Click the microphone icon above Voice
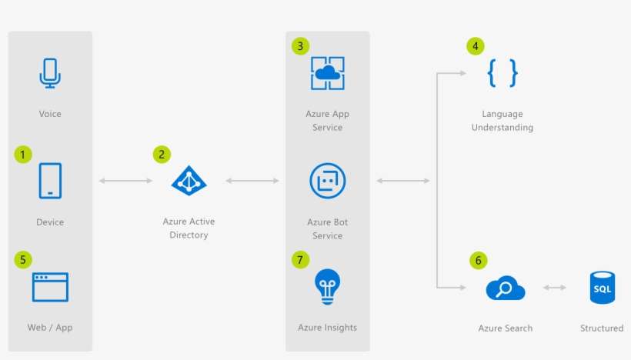(x=50, y=74)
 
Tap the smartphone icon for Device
(x=50, y=181)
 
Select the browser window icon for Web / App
(x=50, y=287)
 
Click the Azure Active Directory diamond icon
(x=189, y=181)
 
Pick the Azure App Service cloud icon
(x=327, y=73)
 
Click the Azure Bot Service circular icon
(x=327, y=181)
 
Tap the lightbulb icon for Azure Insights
(x=327, y=286)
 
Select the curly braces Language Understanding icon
(x=502, y=74)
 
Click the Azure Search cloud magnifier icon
(x=505, y=289)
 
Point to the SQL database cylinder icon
(x=602, y=288)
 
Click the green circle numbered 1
(x=23, y=155)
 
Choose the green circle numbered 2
(x=162, y=155)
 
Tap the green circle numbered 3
(x=300, y=46)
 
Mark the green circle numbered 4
(x=476, y=46)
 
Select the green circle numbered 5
(x=23, y=260)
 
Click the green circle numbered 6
(x=478, y=261)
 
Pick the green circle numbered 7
(x=300, y=260)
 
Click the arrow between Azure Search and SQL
(x=555, y=288)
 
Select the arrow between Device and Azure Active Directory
(x=125, y=181)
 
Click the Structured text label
(x=601, y=328)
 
